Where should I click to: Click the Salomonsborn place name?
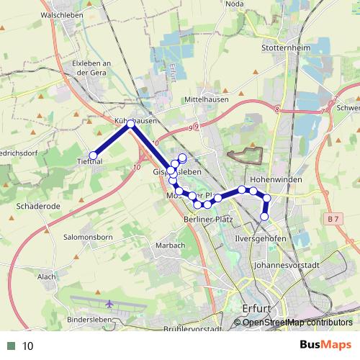[90, 237]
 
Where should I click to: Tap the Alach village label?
[47, 276]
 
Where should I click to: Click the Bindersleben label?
[91, 319]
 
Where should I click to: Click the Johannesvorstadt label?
[287, 265]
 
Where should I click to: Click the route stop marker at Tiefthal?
[93, 155]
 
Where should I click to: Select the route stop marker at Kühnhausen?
[130, 124]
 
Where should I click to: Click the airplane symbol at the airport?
[109, 303]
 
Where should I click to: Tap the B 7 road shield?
[331, 217]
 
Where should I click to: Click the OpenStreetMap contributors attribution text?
[297, 323]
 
